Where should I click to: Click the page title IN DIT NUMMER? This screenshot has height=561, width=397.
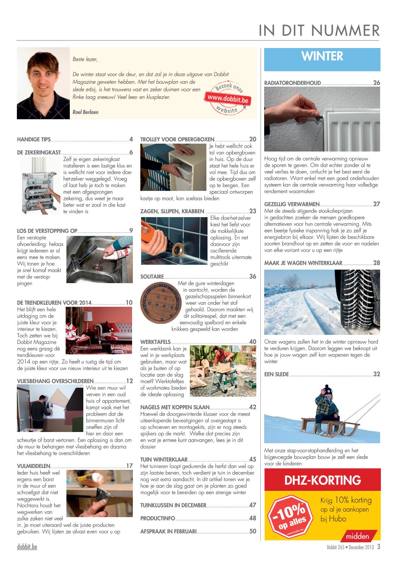tap(319, 30)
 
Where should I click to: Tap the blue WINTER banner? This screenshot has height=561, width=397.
tap(322, 59)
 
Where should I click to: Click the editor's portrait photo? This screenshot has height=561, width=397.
tap(43, 83)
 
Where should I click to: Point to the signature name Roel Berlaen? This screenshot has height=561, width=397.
tap(86, 112)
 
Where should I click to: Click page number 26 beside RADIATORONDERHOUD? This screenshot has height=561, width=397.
tap(376, 83)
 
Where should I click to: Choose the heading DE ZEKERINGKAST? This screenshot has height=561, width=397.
tap(39, 153)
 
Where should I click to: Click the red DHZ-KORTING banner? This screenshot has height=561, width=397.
tap(322, 480)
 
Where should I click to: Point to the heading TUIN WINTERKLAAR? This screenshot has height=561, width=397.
tap(164, 459)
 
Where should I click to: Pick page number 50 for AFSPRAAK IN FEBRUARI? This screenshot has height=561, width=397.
tap(253, 531)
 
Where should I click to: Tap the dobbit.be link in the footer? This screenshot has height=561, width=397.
tap(27, 547)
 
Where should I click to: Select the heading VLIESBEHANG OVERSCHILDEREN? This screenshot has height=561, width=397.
tap(55, 381)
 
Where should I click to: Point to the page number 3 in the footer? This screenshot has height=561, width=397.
tap(379, 547)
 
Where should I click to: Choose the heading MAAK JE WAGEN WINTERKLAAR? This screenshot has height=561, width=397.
tap(303, 263)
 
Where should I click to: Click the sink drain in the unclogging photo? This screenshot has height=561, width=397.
tap(98, 267)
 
